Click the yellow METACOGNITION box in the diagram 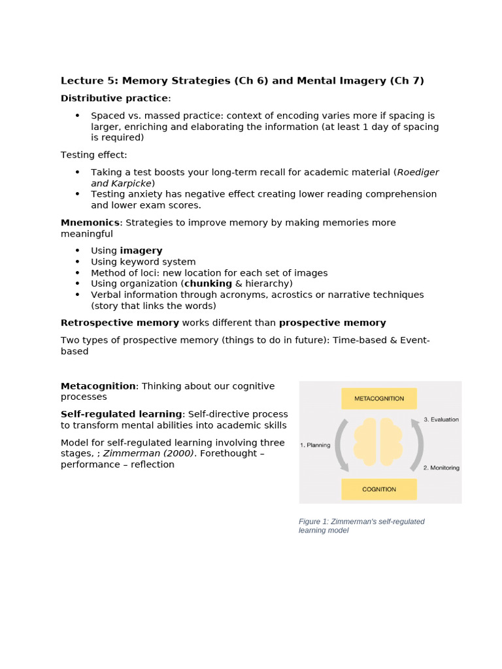click(378, 399)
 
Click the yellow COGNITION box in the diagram click(378, 489)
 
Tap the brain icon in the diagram click(379, 441)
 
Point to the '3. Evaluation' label click(441, 419)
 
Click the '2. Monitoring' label click(441, 468)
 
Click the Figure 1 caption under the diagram click(361, 526)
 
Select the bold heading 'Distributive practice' click(114, 98)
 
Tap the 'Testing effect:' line click(94, 155)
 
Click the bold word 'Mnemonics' click(90, 223)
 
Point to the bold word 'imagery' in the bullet click(141, 251)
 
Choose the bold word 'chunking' click(208, 284)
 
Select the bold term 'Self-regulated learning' click(122, 414)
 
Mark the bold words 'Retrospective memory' click(120, 323)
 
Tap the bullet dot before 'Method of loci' click(77, 272)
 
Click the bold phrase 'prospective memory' click(332, 323)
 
